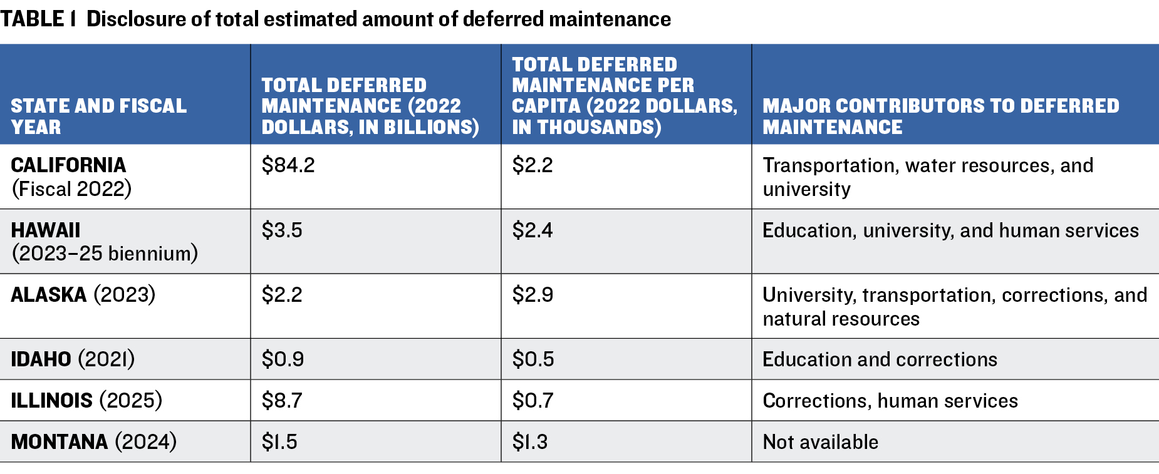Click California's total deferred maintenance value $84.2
(288, 165)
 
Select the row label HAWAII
(46, 230)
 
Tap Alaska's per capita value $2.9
(533, 295)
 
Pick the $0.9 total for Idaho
(283, 359)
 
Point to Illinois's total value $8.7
(282, 401)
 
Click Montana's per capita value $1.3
(530, 442)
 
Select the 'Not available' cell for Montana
(820, 442)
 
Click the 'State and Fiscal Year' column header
(98, 116)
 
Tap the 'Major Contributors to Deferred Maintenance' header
(940, 116)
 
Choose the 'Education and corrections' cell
(880, 359)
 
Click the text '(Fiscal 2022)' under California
(71, 189)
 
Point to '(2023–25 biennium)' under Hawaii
(105, 254)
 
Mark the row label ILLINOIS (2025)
(86, 401)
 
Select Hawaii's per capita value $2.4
(533, 230)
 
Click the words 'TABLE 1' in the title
(38, 19)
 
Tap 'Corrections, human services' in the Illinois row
(890, 401)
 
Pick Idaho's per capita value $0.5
(533, 359)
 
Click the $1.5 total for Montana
(279, 442)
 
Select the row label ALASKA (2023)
(83, 295)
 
